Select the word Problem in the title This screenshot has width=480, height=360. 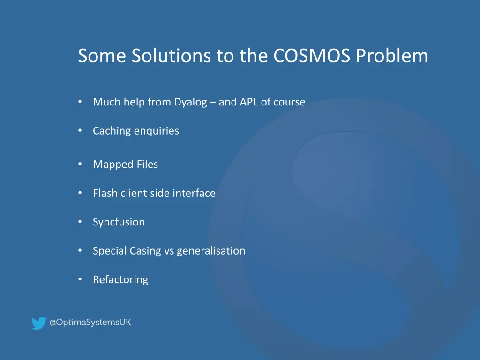click(392, 56)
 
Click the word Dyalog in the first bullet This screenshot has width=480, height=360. click(190, 102)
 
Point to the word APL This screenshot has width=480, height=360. click(249, 102)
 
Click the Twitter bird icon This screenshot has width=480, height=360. click(38, 323)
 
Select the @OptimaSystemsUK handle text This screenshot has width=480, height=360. click(90, 322)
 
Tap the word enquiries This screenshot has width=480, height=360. click(157, 131)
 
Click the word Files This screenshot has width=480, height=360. click(147, 165)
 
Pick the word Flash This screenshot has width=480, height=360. click(105, 193)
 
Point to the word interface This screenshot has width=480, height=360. click(194, 193)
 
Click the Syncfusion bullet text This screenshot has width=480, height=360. click(119, 222)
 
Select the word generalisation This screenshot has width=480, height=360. click(211, 251)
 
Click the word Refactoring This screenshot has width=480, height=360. click(120, 280)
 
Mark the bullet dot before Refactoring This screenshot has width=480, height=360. click(81, 279)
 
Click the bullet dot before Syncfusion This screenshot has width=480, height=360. click(81, 222)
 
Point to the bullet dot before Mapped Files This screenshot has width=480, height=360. click(81, 164)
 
